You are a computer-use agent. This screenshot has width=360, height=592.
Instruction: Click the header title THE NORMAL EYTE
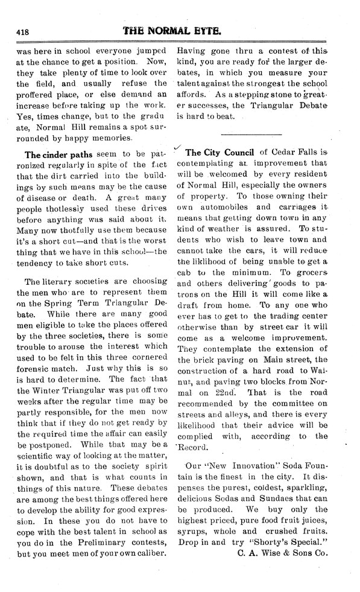coord(180,30)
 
